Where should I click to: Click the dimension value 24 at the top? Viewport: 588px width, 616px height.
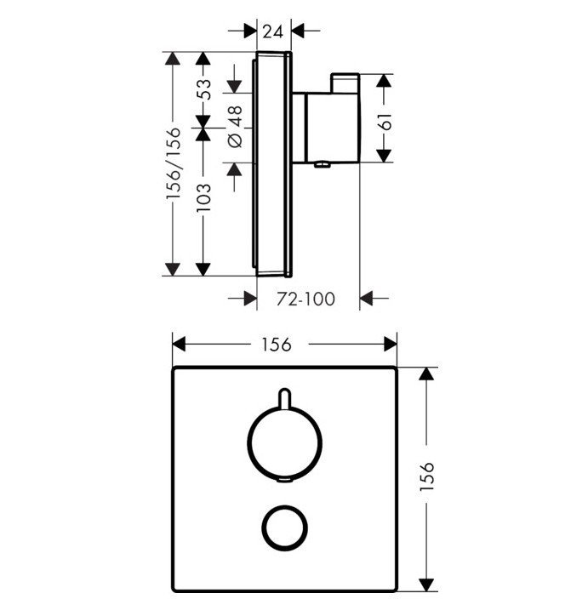click(x=272, y=31)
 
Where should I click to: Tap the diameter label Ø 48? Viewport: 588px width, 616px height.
click(x=236, y=128)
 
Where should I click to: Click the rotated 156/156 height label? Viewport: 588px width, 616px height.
click(x=173, y=164)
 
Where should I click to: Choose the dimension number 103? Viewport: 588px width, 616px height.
click(x=204, y=201)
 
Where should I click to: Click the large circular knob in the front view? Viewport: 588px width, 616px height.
click(x=285, y=441)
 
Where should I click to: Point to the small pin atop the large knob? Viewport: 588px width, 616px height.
click(x=285, y=397)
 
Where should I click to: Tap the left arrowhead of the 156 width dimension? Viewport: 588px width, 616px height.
click(x=179, y=344)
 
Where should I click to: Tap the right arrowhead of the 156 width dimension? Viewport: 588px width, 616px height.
click(x=391, y=344)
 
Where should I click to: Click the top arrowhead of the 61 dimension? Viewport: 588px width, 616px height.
click(x=384, y=82)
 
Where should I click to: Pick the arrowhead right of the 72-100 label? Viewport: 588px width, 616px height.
click(x=368, y=298)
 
